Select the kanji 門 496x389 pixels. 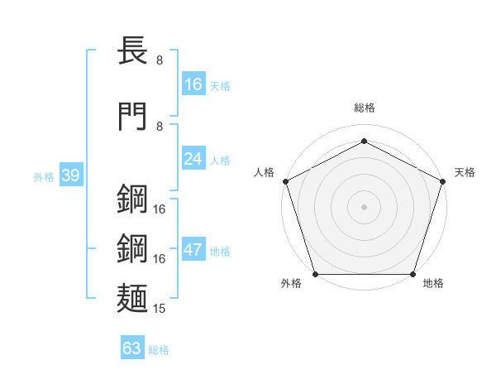133,115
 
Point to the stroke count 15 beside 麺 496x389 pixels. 160,309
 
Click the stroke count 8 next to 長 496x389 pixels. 159,60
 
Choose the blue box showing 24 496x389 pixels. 193,159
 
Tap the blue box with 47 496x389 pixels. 193,251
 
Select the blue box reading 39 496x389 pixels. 70,176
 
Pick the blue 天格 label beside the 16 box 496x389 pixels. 220,85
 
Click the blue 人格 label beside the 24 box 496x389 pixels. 220,160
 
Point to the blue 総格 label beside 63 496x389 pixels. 159,350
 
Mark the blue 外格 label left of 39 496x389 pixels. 44,177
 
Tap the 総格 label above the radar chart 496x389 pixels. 364,108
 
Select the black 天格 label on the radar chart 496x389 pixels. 465,172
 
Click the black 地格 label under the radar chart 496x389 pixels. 433,284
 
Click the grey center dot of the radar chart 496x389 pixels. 364,206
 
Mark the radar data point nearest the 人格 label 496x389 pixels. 285,181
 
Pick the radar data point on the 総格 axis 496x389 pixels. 364,141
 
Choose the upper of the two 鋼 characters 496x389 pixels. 133,199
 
